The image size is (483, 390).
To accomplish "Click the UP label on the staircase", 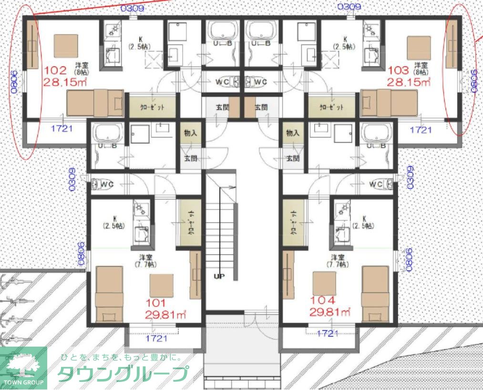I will pos(219,276).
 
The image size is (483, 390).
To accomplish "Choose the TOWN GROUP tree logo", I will pos(23,368).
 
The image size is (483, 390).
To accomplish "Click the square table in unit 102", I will pos(65,46).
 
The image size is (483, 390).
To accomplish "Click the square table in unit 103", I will pos(419,48).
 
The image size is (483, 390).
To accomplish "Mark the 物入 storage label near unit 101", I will pos(190,133).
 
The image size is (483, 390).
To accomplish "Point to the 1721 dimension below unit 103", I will pos(421,129).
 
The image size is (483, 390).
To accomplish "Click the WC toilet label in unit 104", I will pos(376,184).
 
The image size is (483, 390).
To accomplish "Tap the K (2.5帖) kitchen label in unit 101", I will pos(115,222).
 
